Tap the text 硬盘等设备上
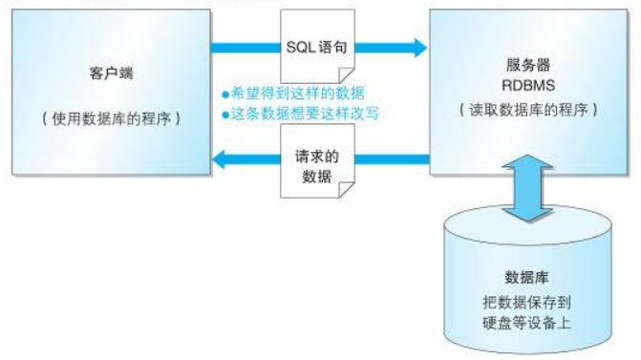[526, 321]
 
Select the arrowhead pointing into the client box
[217, 161]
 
